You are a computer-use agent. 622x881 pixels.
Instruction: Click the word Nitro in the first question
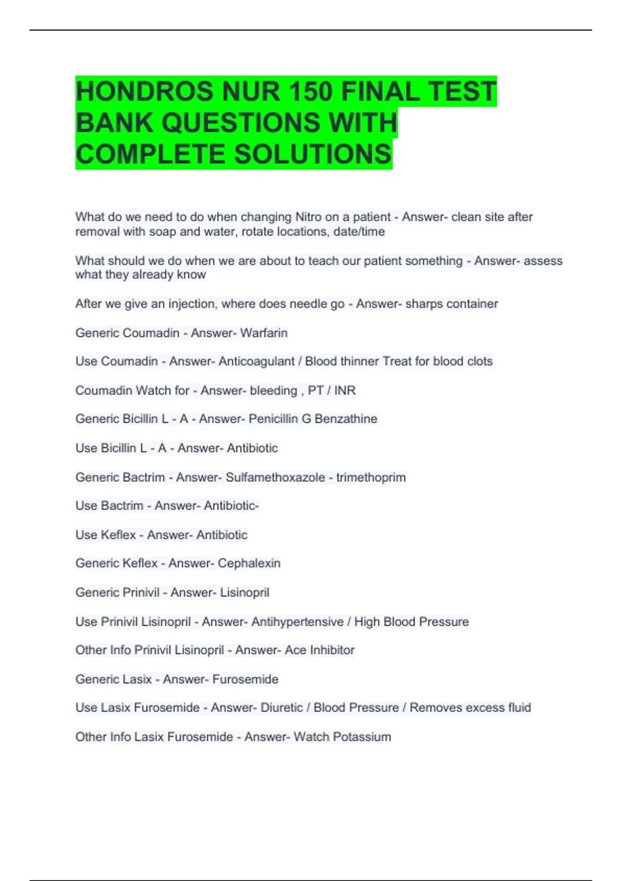[308, 217]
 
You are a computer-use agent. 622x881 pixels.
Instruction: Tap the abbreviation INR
[345, 390]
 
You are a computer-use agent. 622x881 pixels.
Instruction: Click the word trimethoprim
[371, 477]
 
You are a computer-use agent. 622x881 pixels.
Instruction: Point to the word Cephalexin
[249, 563]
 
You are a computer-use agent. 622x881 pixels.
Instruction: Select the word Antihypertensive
[297, 621]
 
